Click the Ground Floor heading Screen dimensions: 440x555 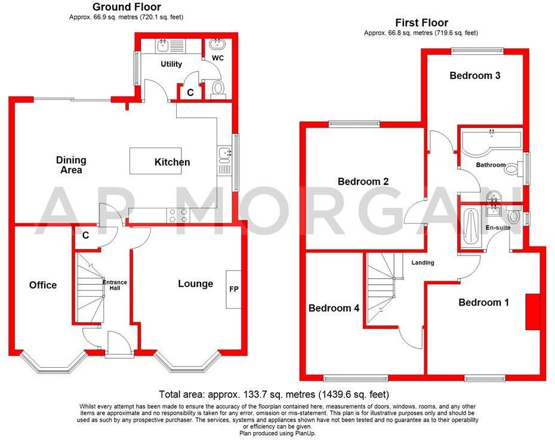point(127,7)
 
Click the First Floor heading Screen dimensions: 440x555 point(421,23)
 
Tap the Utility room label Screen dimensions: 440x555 point(171,64)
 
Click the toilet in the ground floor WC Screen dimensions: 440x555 point(218,88)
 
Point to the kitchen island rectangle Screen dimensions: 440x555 point(155,161)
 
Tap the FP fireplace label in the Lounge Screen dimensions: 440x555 point(233,290)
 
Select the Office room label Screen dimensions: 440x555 point(43,285)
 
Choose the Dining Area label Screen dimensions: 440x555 point(71,165)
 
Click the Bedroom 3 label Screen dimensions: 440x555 point(474,76)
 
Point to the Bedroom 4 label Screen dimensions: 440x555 point(334,308)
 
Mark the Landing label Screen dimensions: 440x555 point(423,262)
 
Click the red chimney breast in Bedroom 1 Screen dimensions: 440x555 point(531,311)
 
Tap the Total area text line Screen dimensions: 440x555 point(274,395)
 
